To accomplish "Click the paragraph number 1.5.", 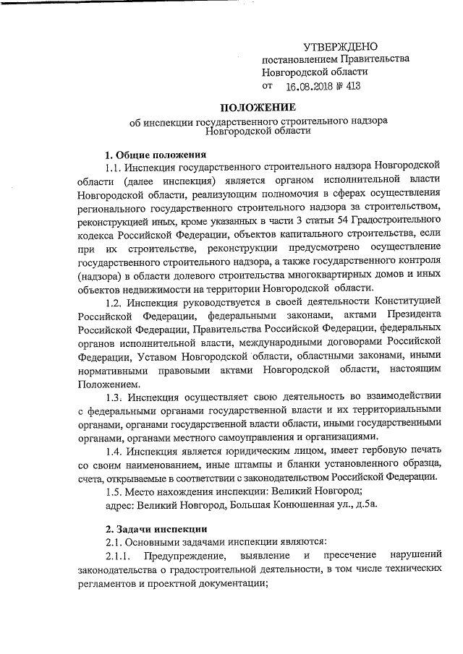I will click(x=113, y=491).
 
